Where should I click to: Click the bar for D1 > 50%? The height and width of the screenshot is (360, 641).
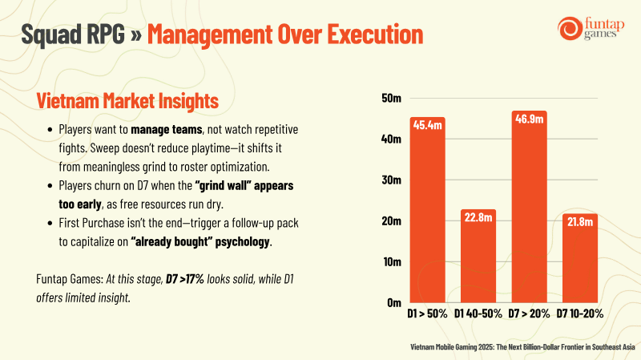point(427,210)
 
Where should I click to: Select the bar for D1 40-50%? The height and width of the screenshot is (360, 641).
point(478,256)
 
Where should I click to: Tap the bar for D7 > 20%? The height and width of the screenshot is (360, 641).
point(529,207)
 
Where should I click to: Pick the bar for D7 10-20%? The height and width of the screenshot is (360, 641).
point(579,258)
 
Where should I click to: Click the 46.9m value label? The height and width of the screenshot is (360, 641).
point(529,119)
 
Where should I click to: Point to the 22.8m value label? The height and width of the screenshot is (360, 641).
point(478,217)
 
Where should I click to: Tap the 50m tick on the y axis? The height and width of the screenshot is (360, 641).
point(391,98)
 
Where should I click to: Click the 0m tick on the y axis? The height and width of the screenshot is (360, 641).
point(394,303)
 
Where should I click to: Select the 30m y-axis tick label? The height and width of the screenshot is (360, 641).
point(391,180)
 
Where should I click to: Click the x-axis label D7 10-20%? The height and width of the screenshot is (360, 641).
point(579,313)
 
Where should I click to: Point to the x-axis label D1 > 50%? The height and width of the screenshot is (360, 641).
point(427,313)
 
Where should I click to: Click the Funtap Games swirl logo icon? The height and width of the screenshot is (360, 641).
point(570,28)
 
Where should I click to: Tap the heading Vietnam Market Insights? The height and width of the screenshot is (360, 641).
point(127,101)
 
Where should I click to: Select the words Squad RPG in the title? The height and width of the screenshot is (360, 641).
point(73,34)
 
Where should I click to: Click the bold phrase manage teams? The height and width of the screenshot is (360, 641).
point(167,130)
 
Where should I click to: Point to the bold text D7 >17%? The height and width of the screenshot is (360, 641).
point(185,279)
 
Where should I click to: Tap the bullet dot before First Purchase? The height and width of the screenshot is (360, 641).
point(50,223)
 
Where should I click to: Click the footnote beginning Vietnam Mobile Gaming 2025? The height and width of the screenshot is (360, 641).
point(522,347)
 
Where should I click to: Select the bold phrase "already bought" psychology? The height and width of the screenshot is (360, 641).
point(200,242)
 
